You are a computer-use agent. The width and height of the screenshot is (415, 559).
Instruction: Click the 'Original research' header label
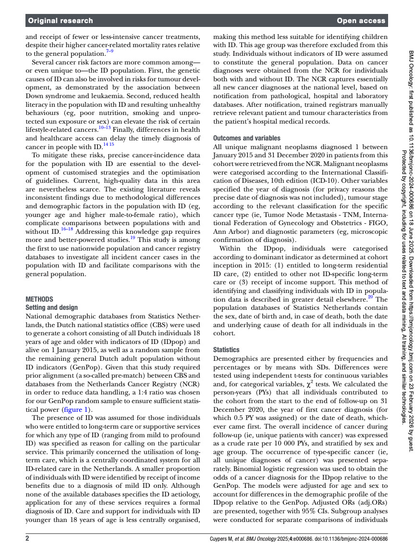point(61,21)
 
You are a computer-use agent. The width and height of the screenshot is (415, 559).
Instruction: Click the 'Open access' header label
point(361,21)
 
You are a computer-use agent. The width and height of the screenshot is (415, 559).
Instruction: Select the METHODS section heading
point(39,299)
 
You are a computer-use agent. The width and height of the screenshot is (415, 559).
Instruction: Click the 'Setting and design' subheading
point(51,307)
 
